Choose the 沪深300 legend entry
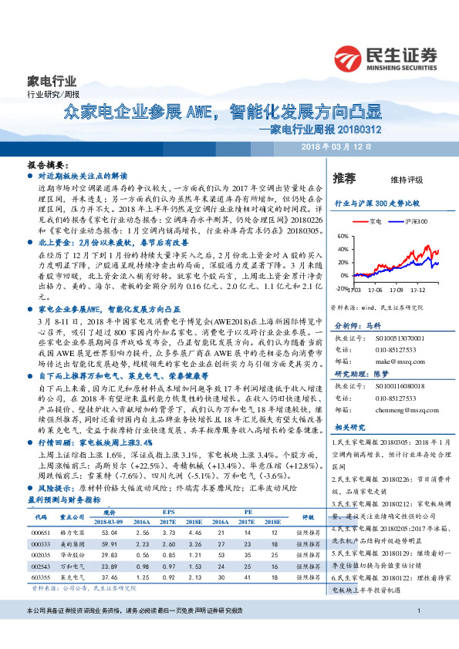(397, 221)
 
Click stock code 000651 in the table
(40, 532)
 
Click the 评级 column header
(308, 518)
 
